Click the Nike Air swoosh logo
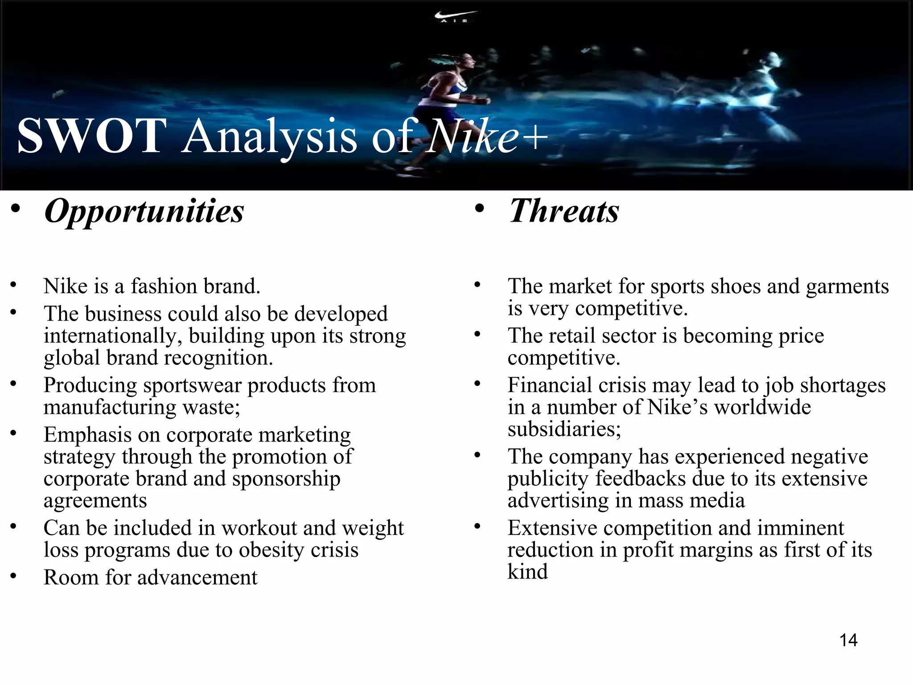tap(455, 17)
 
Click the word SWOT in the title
tap(92, 136)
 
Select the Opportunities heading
tap(144, 211)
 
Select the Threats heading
tap(564, 211)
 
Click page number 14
tap(848, 640)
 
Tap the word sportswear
tap(192, 385)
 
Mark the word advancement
tap(197, 578)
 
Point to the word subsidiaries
tap(564, 429)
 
